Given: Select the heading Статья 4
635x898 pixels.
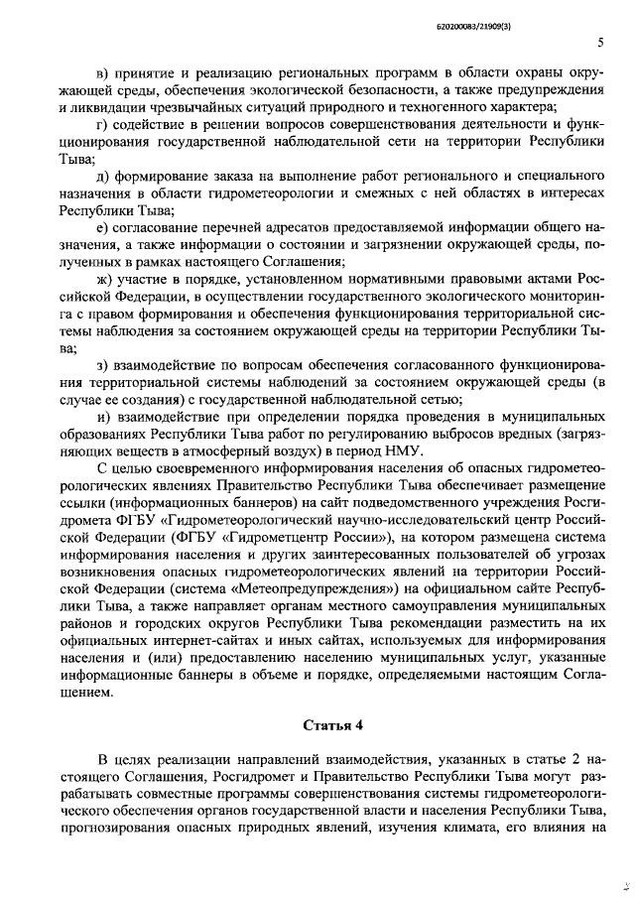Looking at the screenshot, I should [317, 722].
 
